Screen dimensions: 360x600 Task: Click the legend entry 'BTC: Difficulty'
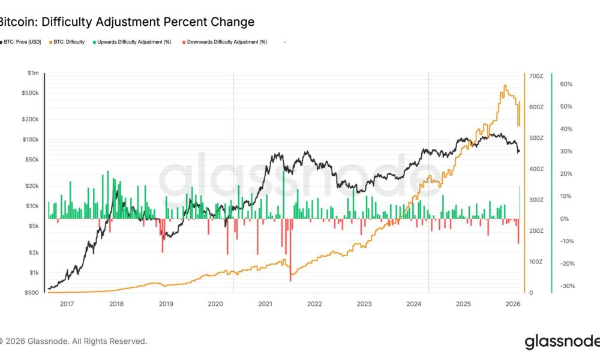click(x=68, y=42)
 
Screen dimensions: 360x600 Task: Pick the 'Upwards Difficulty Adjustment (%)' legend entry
click(x=132, y=42)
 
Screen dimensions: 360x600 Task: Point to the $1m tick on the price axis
click(x=34, y=73)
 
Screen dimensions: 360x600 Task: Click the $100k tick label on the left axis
click(x=31, y=140)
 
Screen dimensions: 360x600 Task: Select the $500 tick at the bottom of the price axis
click(x=32, y=293)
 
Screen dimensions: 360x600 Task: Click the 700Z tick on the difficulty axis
click(x=536, y=76)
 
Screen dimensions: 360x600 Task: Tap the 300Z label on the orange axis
click(x=536, y=200)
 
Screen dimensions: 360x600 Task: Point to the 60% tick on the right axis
click(x=567, y=85)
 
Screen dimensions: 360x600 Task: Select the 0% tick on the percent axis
click(x=565, y=219)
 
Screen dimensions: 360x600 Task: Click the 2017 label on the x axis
click(x=67, y=304)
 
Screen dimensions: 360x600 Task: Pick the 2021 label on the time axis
click(x=265, y=304)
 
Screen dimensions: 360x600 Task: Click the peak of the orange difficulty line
click(x=505, y=86)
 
